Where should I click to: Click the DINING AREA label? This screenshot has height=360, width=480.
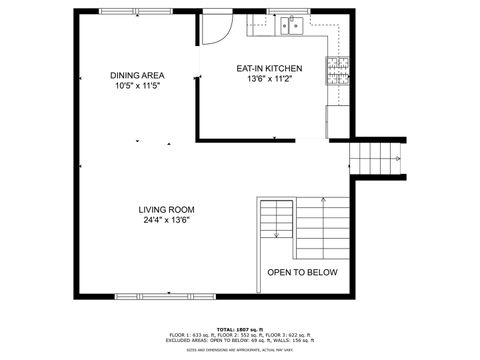tap(138, 75)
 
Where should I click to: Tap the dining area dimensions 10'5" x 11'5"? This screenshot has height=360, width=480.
tap(138, 86)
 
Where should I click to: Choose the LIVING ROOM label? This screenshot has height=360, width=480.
tap(167, 210)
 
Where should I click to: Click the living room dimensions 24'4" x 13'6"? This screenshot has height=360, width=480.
tap(167, 221)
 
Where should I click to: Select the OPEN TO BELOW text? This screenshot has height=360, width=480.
tap(302, 272)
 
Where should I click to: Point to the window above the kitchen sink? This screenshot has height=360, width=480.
tap(292, 11)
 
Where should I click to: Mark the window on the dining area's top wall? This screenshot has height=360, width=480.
tap(134, 11)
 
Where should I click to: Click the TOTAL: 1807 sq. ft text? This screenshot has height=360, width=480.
tap(244, 329)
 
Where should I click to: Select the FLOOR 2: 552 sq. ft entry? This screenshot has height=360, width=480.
tap(246, 335)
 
